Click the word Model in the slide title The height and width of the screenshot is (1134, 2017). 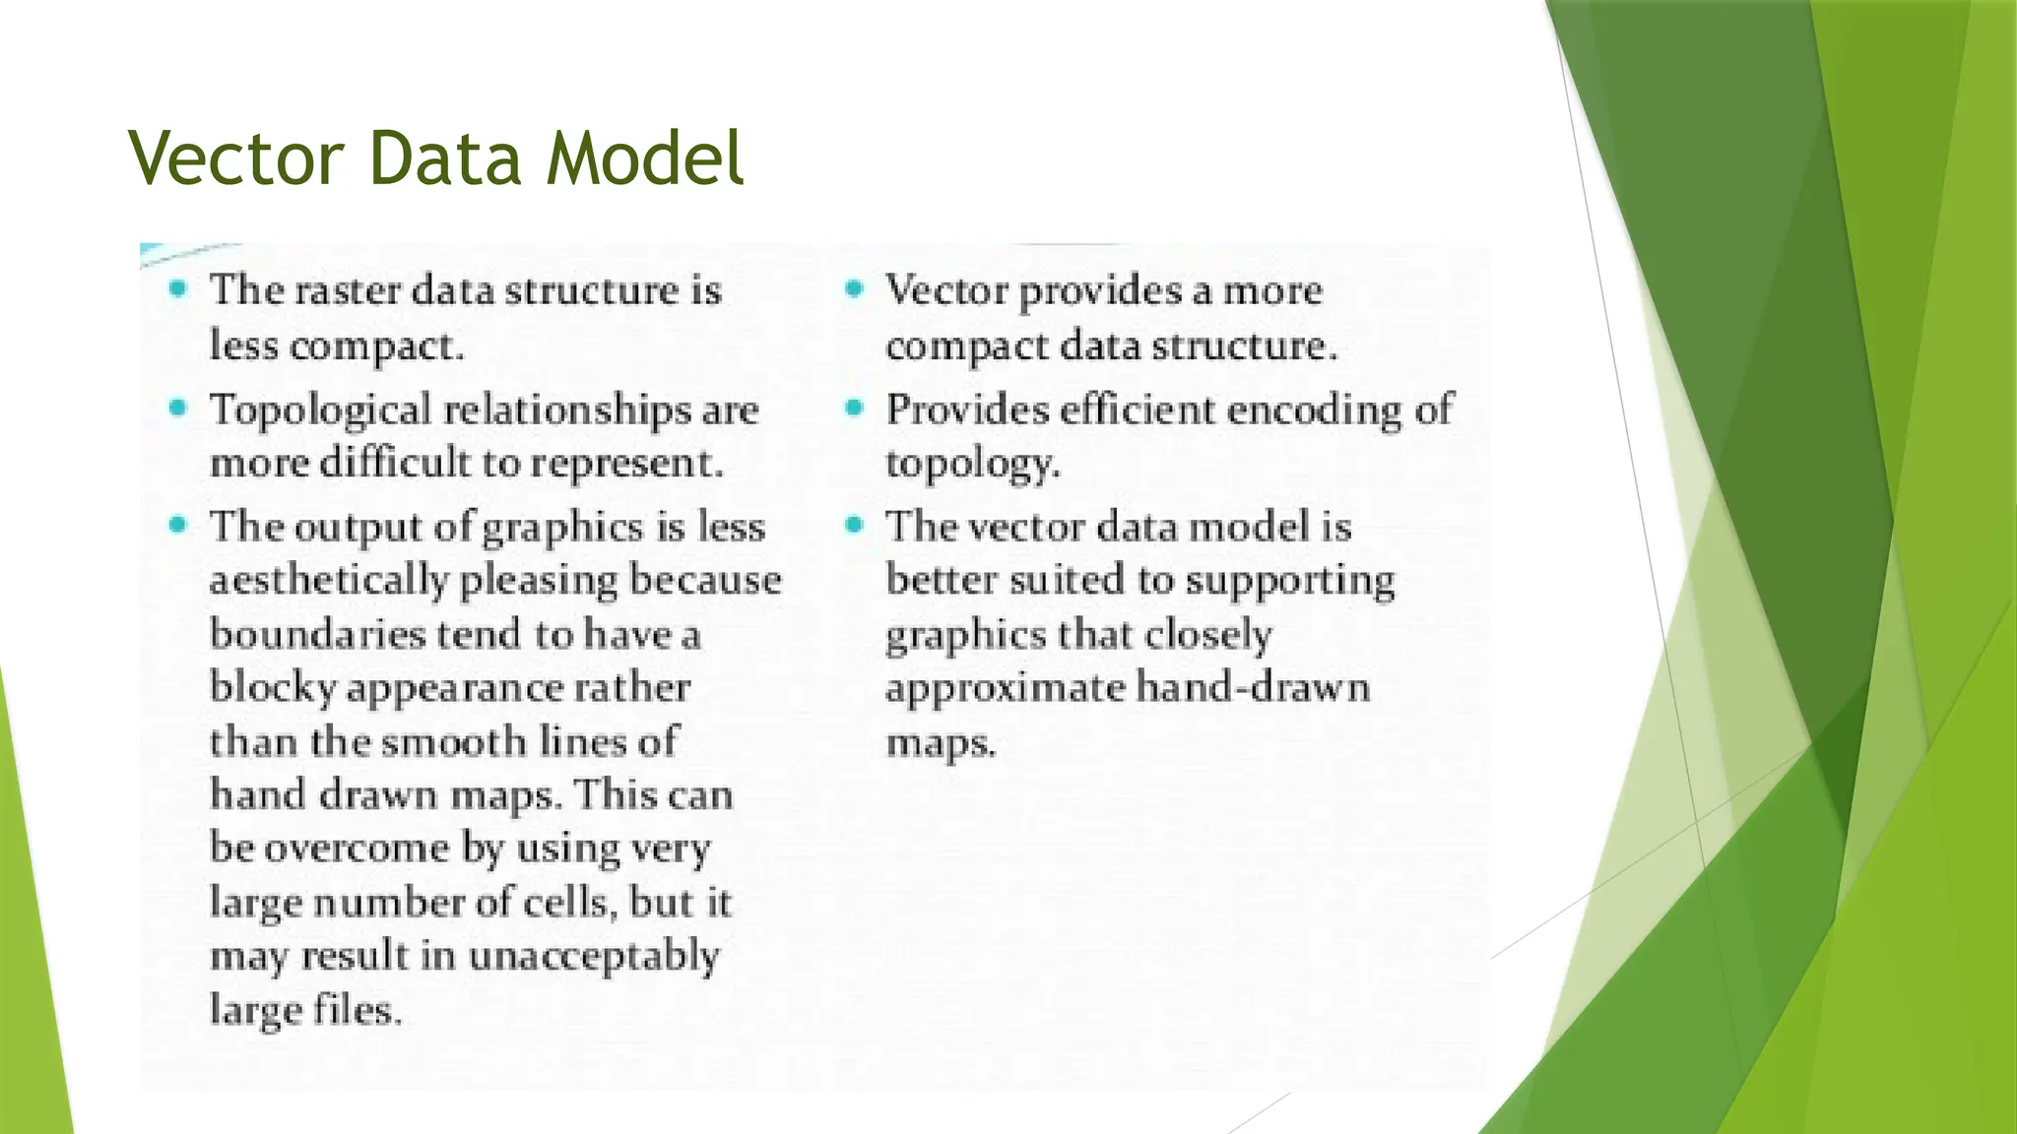645,157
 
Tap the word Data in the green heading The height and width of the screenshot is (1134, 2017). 444,157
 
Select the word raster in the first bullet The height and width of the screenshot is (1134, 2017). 348,290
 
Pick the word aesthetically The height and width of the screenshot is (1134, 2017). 329,581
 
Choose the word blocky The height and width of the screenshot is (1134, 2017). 273,688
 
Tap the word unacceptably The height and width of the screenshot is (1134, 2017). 593,956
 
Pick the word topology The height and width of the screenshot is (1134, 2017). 972,464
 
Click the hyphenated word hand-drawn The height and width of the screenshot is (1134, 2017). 1253,686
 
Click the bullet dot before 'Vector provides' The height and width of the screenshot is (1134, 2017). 854,288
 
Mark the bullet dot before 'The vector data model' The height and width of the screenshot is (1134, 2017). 854,525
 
